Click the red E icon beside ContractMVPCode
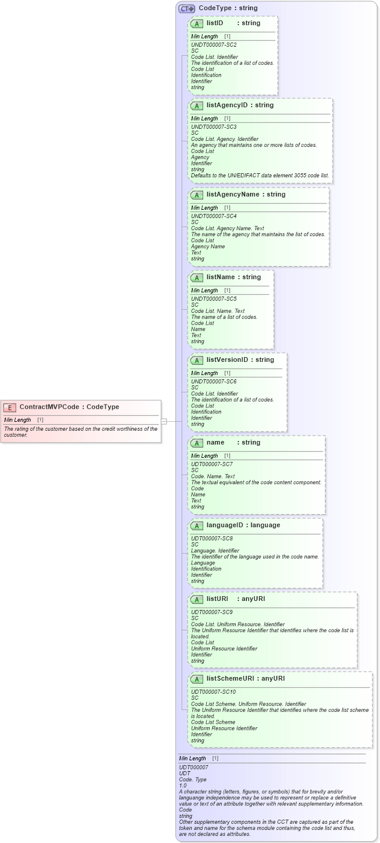click(x=10, y=407)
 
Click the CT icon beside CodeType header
click(x=187, y=8)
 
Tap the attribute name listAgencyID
click(x=227, y=105)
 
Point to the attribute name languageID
click(x=227, y=525)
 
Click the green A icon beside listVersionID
click(x=197, y=361)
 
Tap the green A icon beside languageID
click(x=197, y=526)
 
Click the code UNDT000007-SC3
click(x=213, y=127)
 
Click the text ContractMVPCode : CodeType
click(x=69, y=407)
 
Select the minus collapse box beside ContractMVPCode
click(x=164, y=421)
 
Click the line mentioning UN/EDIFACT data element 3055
click(x=260, y=176)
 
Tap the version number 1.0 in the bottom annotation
click(x=183, y=785)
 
